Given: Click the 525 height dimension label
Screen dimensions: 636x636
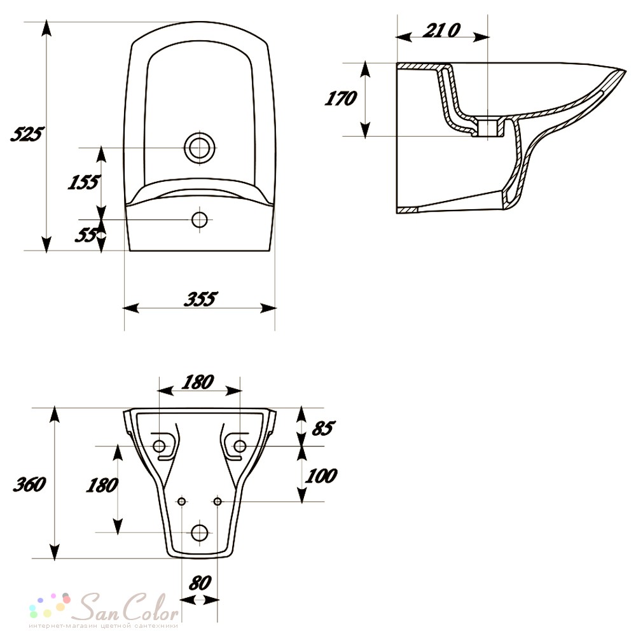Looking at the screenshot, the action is [x=27, y=134].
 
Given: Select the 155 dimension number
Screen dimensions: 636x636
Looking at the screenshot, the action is [x=83, y=182].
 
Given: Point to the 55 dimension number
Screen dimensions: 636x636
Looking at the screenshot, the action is [x=86, y=235].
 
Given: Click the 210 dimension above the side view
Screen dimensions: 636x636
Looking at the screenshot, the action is [x=441, y=30].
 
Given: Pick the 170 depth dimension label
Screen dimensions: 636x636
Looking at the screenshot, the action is [x=341, y=99].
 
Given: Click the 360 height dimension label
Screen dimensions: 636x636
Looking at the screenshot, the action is [x=30, y=484].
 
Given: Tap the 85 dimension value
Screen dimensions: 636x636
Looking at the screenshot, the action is [x=323, y=428].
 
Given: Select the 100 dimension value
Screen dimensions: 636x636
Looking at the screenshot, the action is [x=321, y=476].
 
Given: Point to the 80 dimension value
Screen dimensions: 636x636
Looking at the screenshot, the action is [x=200, y=583].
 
